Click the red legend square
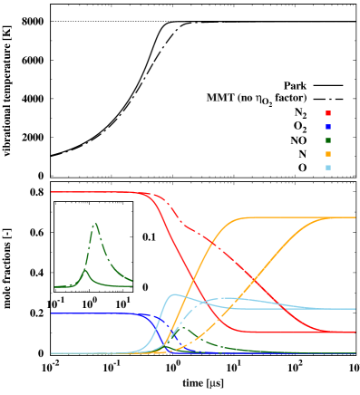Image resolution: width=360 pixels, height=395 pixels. pyautogui.click(x=327, y=113)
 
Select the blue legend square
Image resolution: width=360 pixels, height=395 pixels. pyautogui.click(x=327, y=127)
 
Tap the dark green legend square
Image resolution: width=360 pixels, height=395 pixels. pyautogui.click(x=327, y=140)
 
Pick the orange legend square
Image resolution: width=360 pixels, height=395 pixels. pyautogui.click(x=327, y=154)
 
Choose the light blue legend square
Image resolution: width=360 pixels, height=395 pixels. pyautogui.click(x=327, y=168)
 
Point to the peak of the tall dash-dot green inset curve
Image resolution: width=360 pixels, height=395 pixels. pyautogui.click(x=95, y=223)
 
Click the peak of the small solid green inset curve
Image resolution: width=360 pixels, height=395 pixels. pyautogui.click(x=85, y=269)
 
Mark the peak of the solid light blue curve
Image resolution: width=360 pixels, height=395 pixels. pyautogui.click(x=173, y=294)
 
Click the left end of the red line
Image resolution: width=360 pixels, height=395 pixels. pyautogui.click(x=52, y=192)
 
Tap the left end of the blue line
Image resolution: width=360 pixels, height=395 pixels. pyautogui.click(x=52, y=313)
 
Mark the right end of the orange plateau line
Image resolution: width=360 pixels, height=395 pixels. pyautogui.click(x=355, y=217)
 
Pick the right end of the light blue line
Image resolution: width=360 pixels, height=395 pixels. pyautogui.click(x=355, y=309)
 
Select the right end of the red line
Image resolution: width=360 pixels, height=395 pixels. pyautogui.click(x=355, y=332)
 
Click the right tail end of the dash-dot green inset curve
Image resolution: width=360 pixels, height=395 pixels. pyautogui.click(x=132, y=281)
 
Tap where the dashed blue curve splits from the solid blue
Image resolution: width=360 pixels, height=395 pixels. pyautogui.click(x=146, y=315)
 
